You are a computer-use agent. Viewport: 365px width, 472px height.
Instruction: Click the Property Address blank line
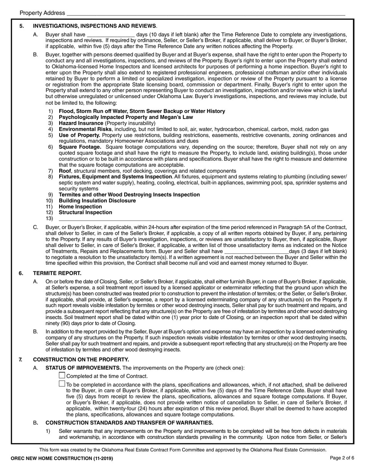(x=206, y=13)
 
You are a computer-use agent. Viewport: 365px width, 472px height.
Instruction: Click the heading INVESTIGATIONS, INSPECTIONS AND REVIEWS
(x=95, y=26)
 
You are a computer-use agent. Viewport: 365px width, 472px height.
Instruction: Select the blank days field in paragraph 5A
(x=111, y=35)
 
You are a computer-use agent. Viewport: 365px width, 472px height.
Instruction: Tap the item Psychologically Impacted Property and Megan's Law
(x=126, y=117)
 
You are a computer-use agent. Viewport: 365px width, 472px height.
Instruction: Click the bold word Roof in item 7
(x=65, y=171)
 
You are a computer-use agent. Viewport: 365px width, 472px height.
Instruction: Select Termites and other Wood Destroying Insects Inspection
(x=129, y=195)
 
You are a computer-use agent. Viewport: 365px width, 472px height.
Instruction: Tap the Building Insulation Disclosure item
(x=97, y=201)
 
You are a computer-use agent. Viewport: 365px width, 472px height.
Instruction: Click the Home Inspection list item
(x=80, y=206)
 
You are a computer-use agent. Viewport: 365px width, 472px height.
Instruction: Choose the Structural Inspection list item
(x=85, y=213)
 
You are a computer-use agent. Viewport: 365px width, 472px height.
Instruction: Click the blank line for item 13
(x=200, y=219)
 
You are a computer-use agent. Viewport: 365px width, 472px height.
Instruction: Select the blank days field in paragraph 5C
(x=256, y=252)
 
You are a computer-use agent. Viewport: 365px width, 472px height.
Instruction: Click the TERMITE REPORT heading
(x=57, y=273)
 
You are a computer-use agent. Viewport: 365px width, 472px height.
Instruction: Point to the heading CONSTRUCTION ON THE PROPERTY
(x=81, y=360)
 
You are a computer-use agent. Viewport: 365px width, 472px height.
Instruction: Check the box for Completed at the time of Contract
(x=62, y=375)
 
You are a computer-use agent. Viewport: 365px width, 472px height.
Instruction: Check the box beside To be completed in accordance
(x=62, y=383)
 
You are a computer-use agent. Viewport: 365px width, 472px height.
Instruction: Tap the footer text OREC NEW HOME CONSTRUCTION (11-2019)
(x=62, y=458)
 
